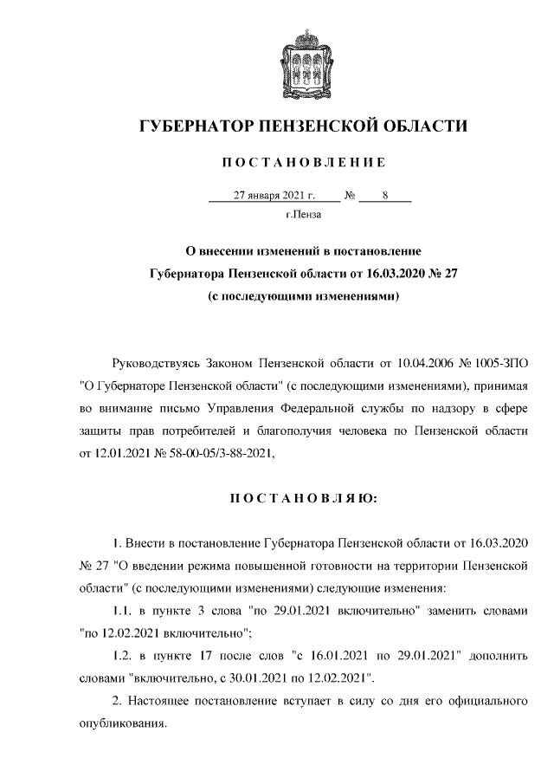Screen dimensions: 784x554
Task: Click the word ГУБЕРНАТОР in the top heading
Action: click(x=194, y=127)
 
